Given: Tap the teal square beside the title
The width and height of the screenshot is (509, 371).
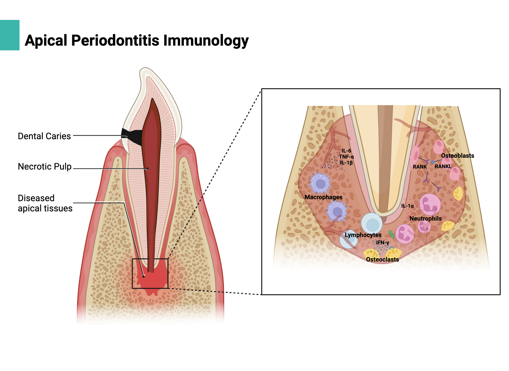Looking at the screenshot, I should pyautogui.click(x=9, y=35).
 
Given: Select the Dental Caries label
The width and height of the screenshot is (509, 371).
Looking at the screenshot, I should pyautogui.click(x=44, y=136).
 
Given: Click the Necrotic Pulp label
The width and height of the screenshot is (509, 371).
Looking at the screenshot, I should pyautogui.click(x=45, y=167).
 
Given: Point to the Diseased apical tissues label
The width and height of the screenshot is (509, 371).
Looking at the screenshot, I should pyautogui.click(x=45, y=203).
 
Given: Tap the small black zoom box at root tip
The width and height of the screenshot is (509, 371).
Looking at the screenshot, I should pyautogui.click(x=150, y=273).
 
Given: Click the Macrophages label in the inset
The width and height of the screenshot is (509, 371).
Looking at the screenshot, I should pyautogui.click(x=323, y=197).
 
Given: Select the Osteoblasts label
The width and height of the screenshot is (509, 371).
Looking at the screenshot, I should pyautogui.click(x=457, y=156).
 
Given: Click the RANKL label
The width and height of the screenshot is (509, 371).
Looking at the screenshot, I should pyautogui.click(x=443, y=167).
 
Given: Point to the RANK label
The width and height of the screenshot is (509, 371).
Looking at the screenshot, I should pyautogui.click(x=419, y=167).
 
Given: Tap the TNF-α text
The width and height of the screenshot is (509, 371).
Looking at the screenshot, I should pyautogui.click(x=346, y=157).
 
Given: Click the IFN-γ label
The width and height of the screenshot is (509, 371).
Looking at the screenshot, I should pyautogui.click(x=382, y=242).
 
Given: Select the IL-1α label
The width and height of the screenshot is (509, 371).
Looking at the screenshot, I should pyautogui.click(x=407, y=206).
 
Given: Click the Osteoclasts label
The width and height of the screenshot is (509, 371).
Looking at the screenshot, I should pyautogui.click(x=382, y=260).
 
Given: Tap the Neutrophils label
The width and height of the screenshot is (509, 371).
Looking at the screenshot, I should pyautogui.click(x=425, y=219).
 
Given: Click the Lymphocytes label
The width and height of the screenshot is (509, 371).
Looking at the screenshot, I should pyautogui.click(x=363, y=235).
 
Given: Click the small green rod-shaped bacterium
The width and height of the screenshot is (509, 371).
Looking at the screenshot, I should pyautogui.click(x=391, y=234).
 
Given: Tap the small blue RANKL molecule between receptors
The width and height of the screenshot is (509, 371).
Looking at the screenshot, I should pyautogui.click(x=432, y=162).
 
